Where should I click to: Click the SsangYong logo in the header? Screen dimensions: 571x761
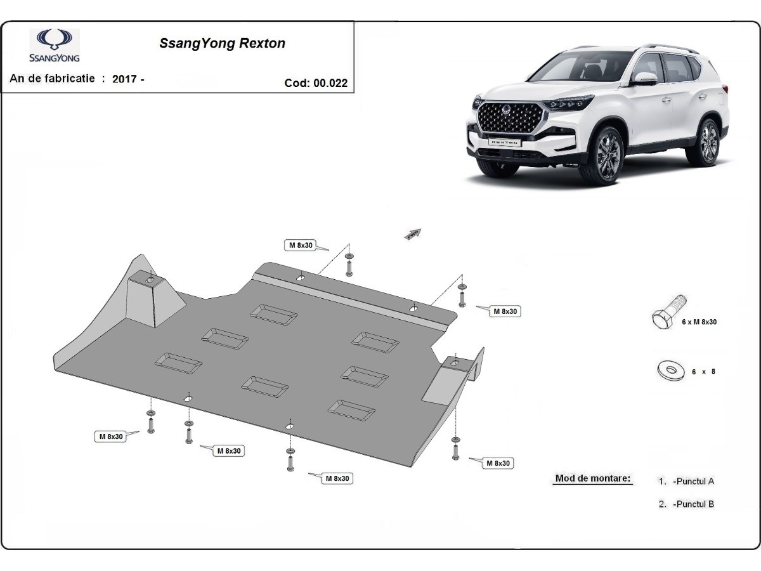click(x=54, y=46)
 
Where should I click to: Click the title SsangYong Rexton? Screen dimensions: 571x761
click(x=222, y=44)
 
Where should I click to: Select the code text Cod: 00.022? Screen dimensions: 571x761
click(x=316, y=82)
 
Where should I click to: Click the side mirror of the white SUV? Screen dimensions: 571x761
click(x=644, y=79)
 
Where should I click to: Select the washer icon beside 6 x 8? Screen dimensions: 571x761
click(x=671, y=371)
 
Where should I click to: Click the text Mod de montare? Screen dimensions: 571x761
click(x=593, y=478)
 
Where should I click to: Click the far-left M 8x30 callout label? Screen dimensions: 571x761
click(x=110, y=436)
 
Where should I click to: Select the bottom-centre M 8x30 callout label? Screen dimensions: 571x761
click(x=338, y=478)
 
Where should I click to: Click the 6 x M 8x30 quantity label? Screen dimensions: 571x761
click(x=699, y=322)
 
